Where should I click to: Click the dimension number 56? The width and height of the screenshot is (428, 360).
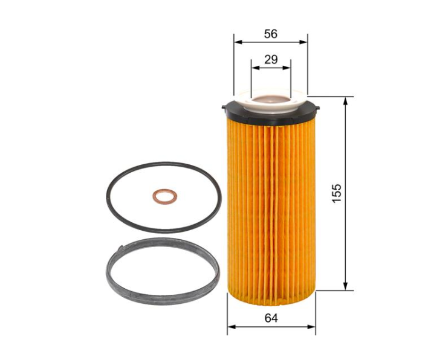(270, 34)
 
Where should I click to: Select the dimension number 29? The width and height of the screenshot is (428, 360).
(271, 59)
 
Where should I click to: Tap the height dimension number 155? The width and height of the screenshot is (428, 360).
(337, 193)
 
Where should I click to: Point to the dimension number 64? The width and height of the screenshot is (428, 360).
(271, 318)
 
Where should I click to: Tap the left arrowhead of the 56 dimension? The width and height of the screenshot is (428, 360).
(238, 42)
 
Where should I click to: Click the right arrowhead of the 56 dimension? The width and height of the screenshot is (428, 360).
(303, 42)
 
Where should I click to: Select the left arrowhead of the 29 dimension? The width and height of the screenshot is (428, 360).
(256, 68)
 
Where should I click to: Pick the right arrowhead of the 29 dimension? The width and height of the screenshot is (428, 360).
(287, 68)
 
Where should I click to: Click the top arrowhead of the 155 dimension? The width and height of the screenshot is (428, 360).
(346, 101)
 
